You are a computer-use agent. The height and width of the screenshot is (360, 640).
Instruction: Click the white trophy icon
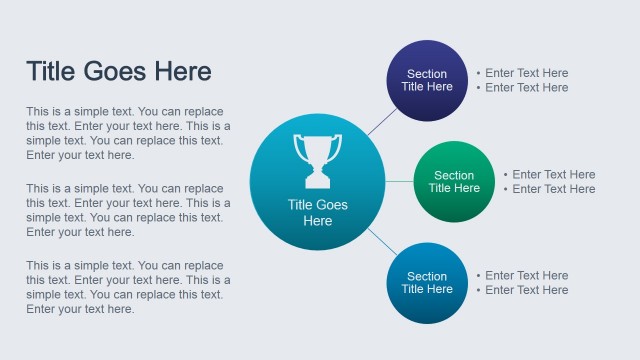click(x=317, y=160)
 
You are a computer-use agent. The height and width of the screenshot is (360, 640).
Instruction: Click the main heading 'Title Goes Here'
click(x=118, y=72)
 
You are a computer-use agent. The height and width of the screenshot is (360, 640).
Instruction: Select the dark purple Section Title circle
click(x=427, y=80)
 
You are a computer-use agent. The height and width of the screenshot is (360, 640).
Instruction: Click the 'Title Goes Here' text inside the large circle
click(x=317, y=212)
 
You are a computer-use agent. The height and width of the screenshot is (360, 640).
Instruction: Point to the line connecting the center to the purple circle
click(x=381, y=121)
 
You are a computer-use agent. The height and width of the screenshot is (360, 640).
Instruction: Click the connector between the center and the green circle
click(x=399, y=182)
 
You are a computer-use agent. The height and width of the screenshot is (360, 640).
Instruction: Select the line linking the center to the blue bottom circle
click(x=380, y=241)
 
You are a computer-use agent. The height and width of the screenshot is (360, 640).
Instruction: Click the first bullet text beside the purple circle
click(x=522, y=73)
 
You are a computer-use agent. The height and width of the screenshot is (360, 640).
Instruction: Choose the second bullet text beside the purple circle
click(x=522, y=88)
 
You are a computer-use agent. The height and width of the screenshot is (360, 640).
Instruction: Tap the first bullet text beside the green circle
click(x=549, y=175)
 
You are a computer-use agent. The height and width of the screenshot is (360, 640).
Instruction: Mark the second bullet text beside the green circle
click(x=549, y=189)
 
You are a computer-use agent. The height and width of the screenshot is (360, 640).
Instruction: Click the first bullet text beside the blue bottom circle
click(x=522, y=276)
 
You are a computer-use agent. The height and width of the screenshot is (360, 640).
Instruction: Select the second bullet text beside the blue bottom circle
click(x=522, y=290)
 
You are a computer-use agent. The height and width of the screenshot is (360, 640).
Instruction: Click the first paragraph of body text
click(x=128, y=133)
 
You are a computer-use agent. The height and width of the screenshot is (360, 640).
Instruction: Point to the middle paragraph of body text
click(x=128, y=210)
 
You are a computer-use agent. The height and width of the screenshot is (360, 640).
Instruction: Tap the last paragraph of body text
click(x=128, y=287)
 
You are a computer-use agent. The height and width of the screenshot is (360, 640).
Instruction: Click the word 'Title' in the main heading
click(x=51, y=72)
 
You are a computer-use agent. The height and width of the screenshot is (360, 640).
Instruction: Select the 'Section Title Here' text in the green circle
click(x=454, y=182)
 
